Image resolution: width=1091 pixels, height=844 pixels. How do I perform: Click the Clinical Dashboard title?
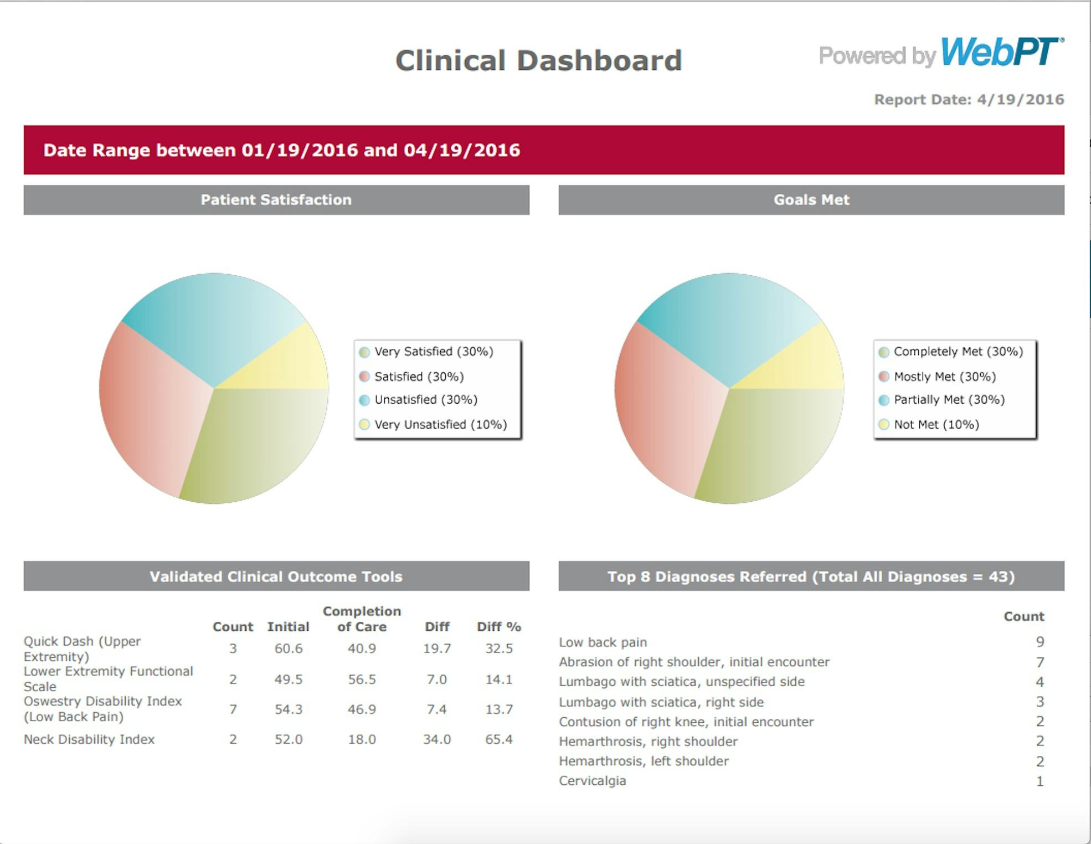[x=538, y=60]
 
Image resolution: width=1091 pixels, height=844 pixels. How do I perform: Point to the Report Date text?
[x=969, y=100]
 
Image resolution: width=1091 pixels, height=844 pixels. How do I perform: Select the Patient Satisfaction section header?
[x=276, y=200]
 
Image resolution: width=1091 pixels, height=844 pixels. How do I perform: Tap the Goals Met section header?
[x=811, y=200]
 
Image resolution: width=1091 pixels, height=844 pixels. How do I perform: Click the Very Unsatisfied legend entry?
[x=440, y=425]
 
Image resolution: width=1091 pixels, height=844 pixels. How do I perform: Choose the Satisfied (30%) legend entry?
[x=419, y=377]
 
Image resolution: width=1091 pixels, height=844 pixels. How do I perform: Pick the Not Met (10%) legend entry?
[x=936, y=425]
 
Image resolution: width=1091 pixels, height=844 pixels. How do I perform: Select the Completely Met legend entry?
[x=958, y=352]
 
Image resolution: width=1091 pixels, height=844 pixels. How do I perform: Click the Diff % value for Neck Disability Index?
[x=498, y=739]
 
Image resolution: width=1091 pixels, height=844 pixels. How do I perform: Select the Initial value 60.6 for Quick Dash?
[x=289, y=649]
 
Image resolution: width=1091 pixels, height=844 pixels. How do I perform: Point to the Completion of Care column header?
[x=362, y=619]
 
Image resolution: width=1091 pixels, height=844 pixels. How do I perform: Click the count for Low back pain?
[x=1039, y=642]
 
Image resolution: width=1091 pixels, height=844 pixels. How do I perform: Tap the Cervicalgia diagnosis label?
[x=592, y=781]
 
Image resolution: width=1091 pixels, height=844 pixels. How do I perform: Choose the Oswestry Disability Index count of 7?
[x=233, y=709]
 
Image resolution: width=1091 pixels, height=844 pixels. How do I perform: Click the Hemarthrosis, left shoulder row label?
[x=644, y=761]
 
